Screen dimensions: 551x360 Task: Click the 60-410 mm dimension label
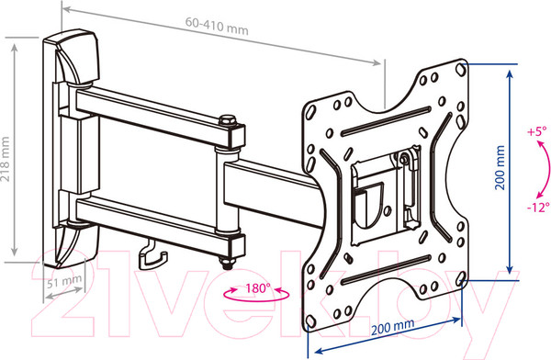(217, 27)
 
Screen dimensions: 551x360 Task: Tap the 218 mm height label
(6, 159)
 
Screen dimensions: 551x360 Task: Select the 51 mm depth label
(64, 281)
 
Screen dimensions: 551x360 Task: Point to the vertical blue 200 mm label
(500, 168)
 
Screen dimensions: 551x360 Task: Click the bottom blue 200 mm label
(392, 327)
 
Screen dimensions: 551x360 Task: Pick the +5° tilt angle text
(537, 131)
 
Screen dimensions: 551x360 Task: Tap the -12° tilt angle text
(538, 207)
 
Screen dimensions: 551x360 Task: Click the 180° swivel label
(258, 288)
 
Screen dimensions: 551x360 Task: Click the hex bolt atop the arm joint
(228, 120)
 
